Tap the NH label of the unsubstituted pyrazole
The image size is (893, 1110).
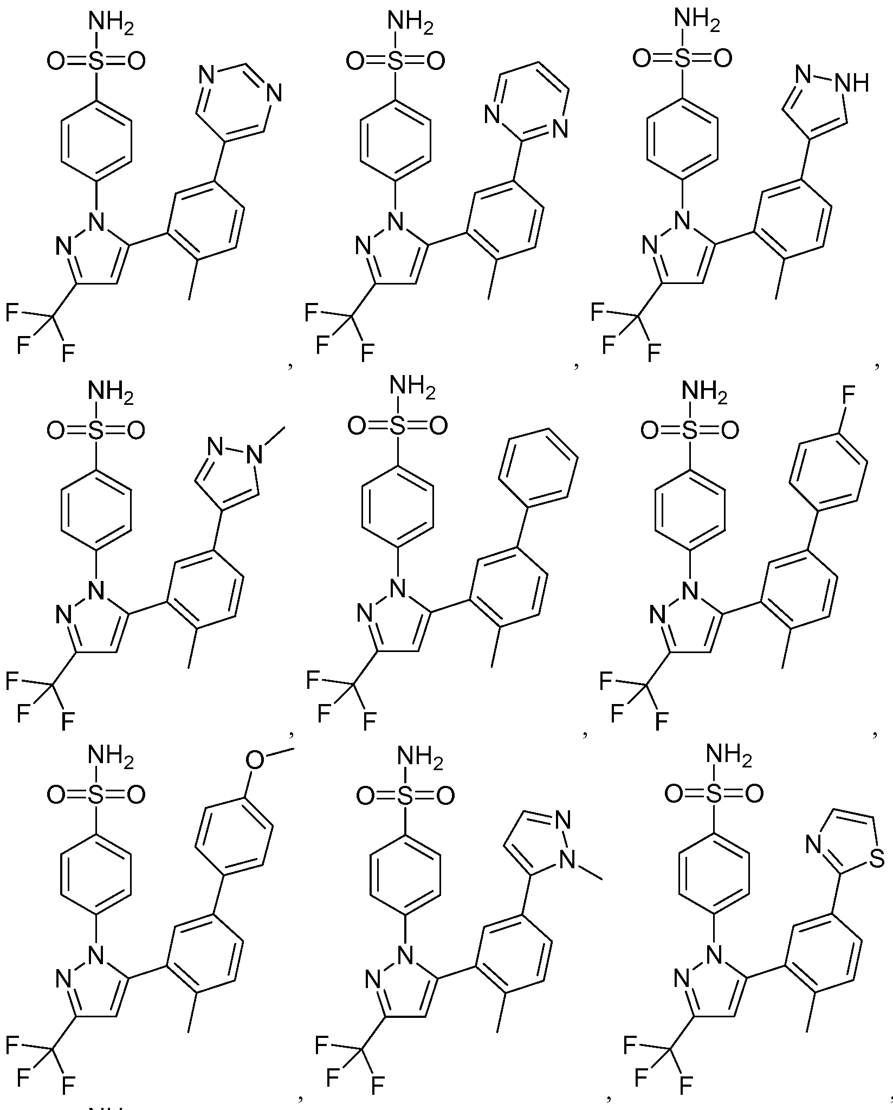pyautogui.click(x=852, y=83)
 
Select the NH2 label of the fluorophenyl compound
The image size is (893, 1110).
pyautogui.click(x=704, y=392)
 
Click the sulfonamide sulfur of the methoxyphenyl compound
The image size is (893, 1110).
pyautogui.click(x=96, y=795)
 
